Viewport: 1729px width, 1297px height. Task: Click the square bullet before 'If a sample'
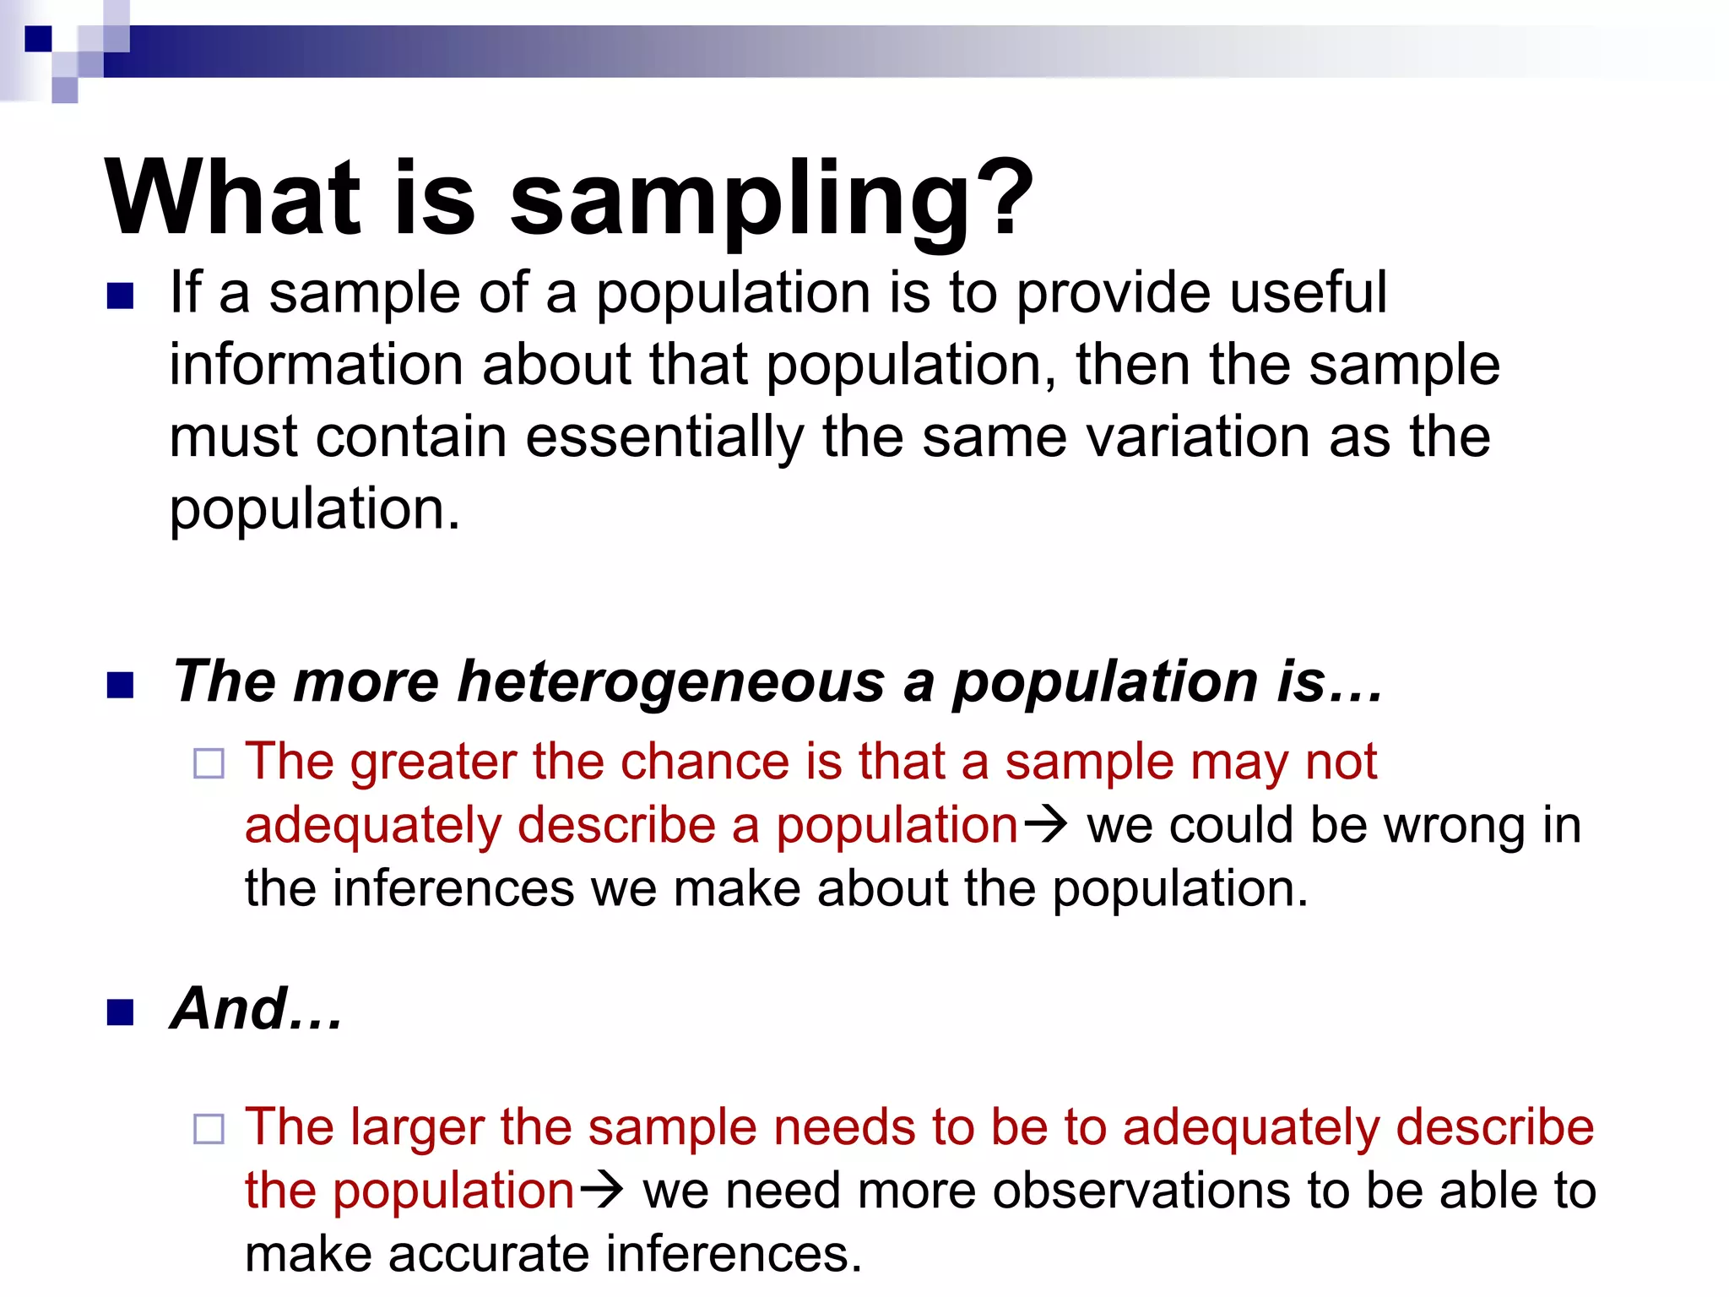[121, 296]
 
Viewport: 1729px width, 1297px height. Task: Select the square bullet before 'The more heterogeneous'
[121, 685]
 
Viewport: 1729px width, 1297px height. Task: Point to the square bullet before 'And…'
[121, 1012]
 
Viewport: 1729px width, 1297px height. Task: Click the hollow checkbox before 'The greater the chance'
[209, 764]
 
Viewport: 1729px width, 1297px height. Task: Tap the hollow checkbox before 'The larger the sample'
[209, 1129]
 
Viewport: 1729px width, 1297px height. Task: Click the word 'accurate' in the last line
[490, 1254]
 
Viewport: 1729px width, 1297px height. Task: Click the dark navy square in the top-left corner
[38, 39]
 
